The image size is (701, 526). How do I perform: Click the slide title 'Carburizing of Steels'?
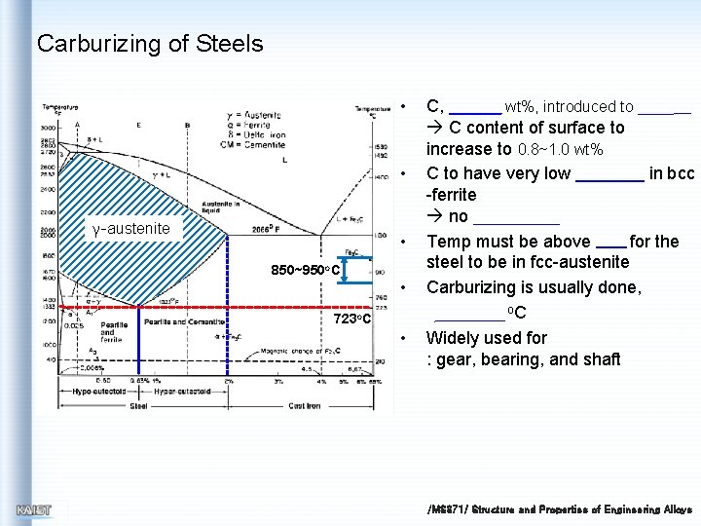point(150,44)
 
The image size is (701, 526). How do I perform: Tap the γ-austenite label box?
point(130,229)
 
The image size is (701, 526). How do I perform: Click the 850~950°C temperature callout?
point(305,270)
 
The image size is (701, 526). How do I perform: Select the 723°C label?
point(351,319)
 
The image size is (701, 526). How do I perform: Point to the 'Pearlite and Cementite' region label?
point(184,322)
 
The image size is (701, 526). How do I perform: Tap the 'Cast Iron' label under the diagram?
point(304,405)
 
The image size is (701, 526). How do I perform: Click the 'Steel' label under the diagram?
point(139,405)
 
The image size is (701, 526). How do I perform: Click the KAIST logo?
point(34,509)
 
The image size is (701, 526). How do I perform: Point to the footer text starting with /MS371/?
point(560,509)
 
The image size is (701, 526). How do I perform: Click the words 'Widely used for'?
point(487,338)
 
